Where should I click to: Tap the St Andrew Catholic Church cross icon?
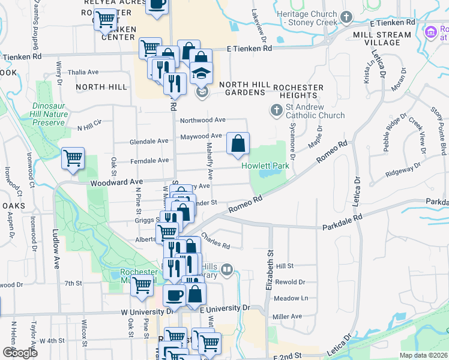coord(276,110)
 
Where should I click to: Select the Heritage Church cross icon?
coord(346,17)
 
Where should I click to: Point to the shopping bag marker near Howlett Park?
coord(238,144)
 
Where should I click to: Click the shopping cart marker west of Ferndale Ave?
coord(73,159)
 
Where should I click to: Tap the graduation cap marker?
coord(200,74)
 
